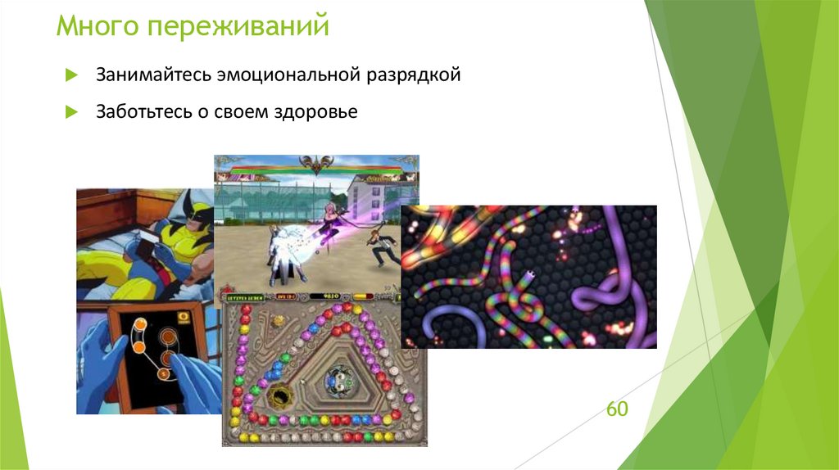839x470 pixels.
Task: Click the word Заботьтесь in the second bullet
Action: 142,111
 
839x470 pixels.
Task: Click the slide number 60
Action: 617,408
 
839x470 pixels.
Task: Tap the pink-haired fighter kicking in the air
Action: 334,219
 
